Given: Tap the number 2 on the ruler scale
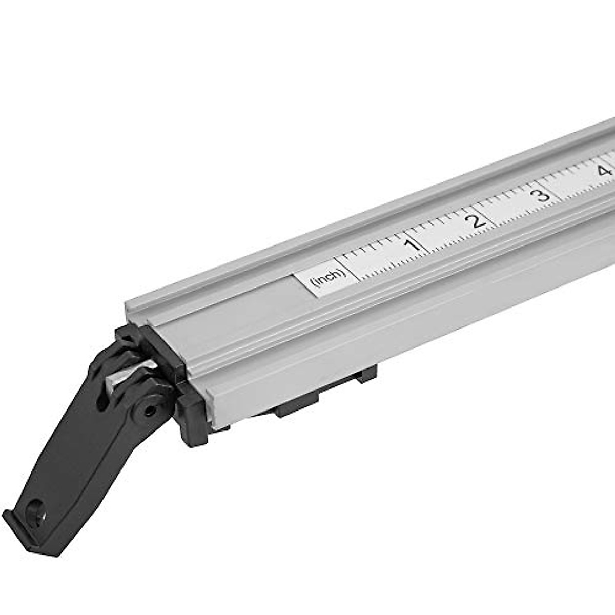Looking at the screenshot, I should click(x=478, y=220).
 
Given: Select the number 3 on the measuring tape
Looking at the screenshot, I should click(x=540, y=195).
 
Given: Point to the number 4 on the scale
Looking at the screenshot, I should click(x=605, y=170).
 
